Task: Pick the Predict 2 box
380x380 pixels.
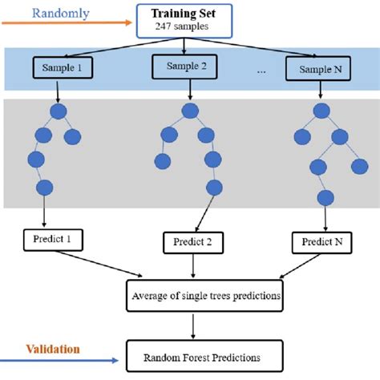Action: coord(192,241)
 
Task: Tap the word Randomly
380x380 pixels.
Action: coord(62,13)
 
